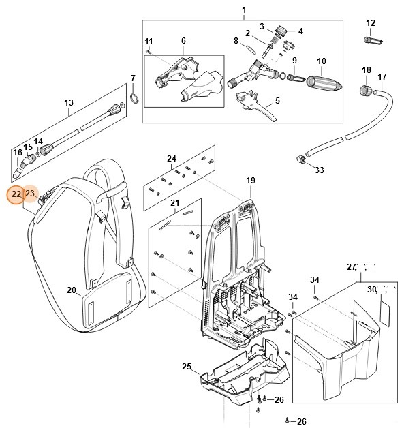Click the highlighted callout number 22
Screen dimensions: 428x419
click(x=15, y=194)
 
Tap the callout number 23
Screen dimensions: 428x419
click(x=29, y=194)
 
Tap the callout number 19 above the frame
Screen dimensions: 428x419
click(x=250, y=181)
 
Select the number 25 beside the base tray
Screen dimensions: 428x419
click(x=187, y=367)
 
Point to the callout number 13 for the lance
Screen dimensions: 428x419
click(x=68, y=103)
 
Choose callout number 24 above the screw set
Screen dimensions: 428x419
click(x=172, y=159)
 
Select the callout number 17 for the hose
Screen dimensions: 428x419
click(x=382, y=76)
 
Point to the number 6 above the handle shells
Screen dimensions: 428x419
click(x=183, y=41)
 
